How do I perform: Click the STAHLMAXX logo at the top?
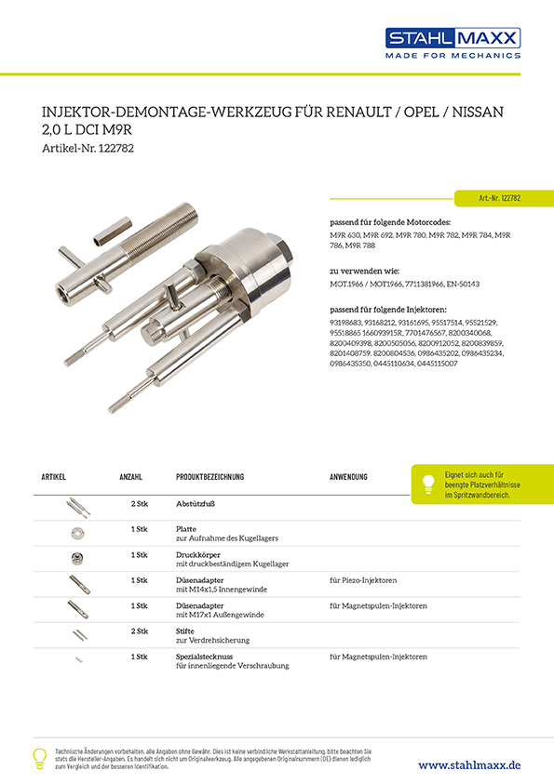pos(453,43)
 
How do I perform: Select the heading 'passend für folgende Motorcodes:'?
pos(391,224)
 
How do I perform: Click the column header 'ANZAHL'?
pos(130,477)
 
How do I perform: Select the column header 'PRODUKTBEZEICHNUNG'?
pos(209,477)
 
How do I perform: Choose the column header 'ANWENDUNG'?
pos(348,477)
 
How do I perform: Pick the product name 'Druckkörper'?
pos(198,554)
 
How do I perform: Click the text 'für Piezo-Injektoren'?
pos(363,580)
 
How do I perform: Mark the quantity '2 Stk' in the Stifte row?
pos(139,631)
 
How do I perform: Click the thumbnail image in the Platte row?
pos(78,533)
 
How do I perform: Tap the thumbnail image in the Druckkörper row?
pos(78,559)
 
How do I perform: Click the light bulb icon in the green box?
pos(428,484)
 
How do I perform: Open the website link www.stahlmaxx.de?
pos(469,764)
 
